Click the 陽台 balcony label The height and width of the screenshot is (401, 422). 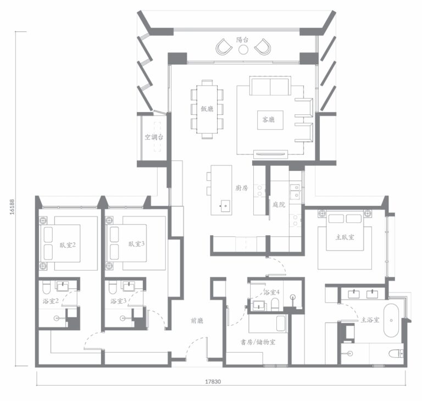tap(242, 40)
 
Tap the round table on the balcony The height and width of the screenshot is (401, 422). tap(243, 49)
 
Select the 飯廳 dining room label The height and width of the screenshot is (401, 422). tap(207, 109)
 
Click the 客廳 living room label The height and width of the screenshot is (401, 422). tap(269, 119)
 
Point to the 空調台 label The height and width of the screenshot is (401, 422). tap(154, 137)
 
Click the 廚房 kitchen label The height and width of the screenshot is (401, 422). tap(242, 188)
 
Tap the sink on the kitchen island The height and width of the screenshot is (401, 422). tap(225, 206)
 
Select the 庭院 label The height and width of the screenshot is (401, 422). tap(279, 204)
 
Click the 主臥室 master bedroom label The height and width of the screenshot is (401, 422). tap(345, 237)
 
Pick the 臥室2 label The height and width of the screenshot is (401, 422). tap(68, 245)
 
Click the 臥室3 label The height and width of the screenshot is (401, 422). tap(136, 244)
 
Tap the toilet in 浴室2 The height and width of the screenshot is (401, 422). tap(46, 287)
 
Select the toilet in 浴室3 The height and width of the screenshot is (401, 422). tap(113, 287)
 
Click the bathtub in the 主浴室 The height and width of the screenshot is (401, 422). tap(391, 321)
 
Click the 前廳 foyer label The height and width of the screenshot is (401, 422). tap(197, 321)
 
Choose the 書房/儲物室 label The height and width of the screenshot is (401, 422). tap(258, 342)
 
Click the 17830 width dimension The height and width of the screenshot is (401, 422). tap(213, 382)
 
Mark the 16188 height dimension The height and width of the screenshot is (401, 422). tap(12, 207)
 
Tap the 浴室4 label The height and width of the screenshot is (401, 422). tap(271, 292)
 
